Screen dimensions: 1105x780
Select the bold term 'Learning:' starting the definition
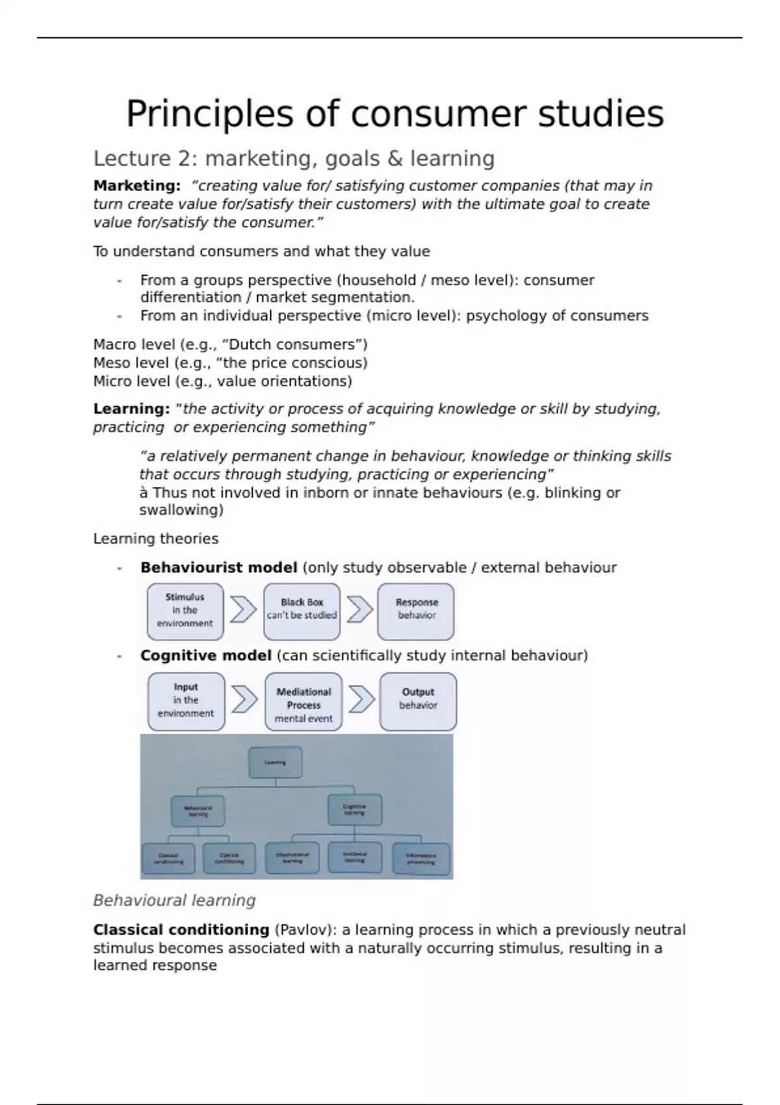pos(131,409)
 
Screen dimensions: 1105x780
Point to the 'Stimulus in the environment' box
pos(185,611)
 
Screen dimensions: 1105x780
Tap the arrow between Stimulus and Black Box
pos(243,610)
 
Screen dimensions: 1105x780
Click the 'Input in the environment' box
pos(186,701)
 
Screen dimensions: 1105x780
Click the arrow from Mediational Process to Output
pos(361,700)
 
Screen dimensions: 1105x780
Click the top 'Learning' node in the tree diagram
pos(275,762)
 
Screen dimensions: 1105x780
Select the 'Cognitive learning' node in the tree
pos(354,810)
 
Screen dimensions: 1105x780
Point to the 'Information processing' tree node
pos(421,859)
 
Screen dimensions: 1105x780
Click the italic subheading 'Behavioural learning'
pos(174,901)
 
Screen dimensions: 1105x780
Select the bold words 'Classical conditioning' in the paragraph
pos(181,930)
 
